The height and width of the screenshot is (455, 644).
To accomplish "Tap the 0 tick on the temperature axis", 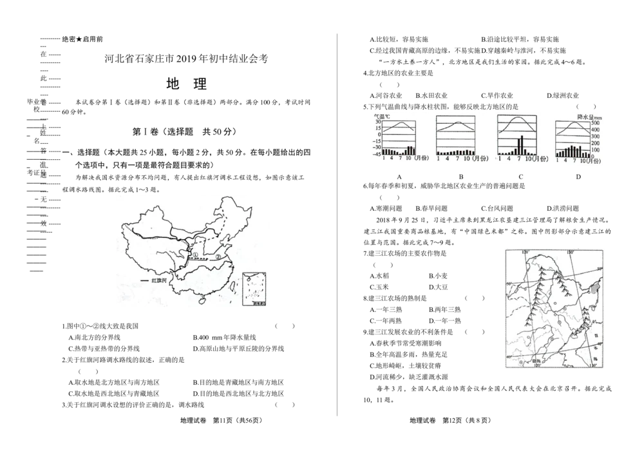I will tap(379, 135).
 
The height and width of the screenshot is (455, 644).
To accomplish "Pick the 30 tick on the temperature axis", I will tap(378, 122).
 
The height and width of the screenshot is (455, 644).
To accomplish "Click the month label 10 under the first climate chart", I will tap(408, 158).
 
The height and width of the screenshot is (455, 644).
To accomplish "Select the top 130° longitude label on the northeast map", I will tap(569, 251).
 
